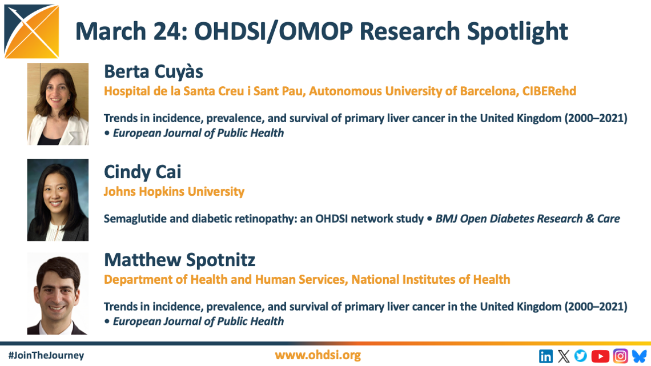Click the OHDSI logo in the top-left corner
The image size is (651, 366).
(31, 31)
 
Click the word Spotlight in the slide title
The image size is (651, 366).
(517, 32)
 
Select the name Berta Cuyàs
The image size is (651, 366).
(153, 72)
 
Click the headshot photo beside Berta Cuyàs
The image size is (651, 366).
(58, 104)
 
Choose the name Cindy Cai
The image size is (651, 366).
(142, 172)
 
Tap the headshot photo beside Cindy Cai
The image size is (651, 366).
(58, 200)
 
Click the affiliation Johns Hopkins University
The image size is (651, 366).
(174, 192)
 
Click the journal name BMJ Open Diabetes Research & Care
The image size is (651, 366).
(527, 219)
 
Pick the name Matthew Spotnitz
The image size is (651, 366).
(179, 260)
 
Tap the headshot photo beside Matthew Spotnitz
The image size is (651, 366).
(58, 293)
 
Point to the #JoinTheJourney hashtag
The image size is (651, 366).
(46, 355)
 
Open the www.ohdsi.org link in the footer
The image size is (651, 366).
(318, 355)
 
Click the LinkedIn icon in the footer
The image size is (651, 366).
(545, 356)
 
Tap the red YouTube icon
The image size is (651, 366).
(600, 356)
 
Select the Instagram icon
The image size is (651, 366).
(620, 356)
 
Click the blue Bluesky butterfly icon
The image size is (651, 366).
(640, 356)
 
